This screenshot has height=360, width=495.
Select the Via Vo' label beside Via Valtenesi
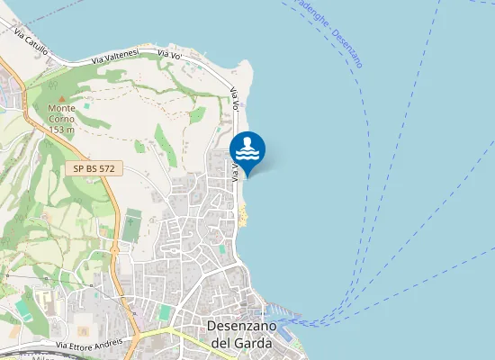[170, 55]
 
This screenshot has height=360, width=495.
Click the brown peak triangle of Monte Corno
[61, 99]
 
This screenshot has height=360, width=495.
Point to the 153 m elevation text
[61, 130]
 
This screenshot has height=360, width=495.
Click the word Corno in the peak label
[61, 120]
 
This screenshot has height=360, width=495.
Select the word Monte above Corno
[61, 110]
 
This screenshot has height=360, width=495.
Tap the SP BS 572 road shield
[94, 168]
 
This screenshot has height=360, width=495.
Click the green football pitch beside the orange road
[132, 225]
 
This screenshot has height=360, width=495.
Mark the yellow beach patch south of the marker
[243, 213]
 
